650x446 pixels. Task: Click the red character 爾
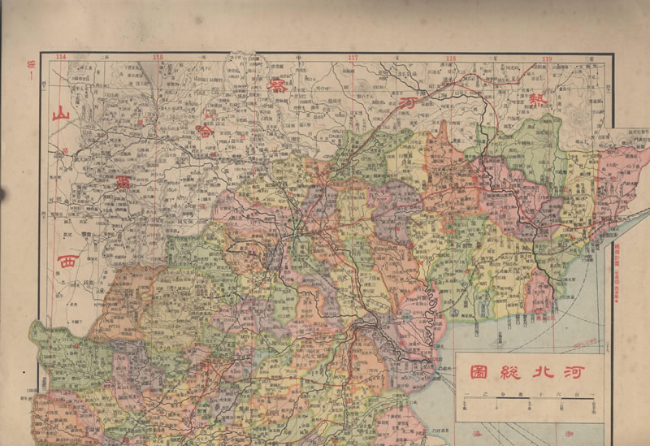coord(123,179)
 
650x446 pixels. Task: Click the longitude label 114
coord(61,57)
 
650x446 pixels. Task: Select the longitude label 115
coord(158,57)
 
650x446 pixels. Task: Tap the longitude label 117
coord(353,58)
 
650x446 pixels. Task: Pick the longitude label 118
coord(450,58)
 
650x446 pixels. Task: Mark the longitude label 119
coord(547,58)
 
